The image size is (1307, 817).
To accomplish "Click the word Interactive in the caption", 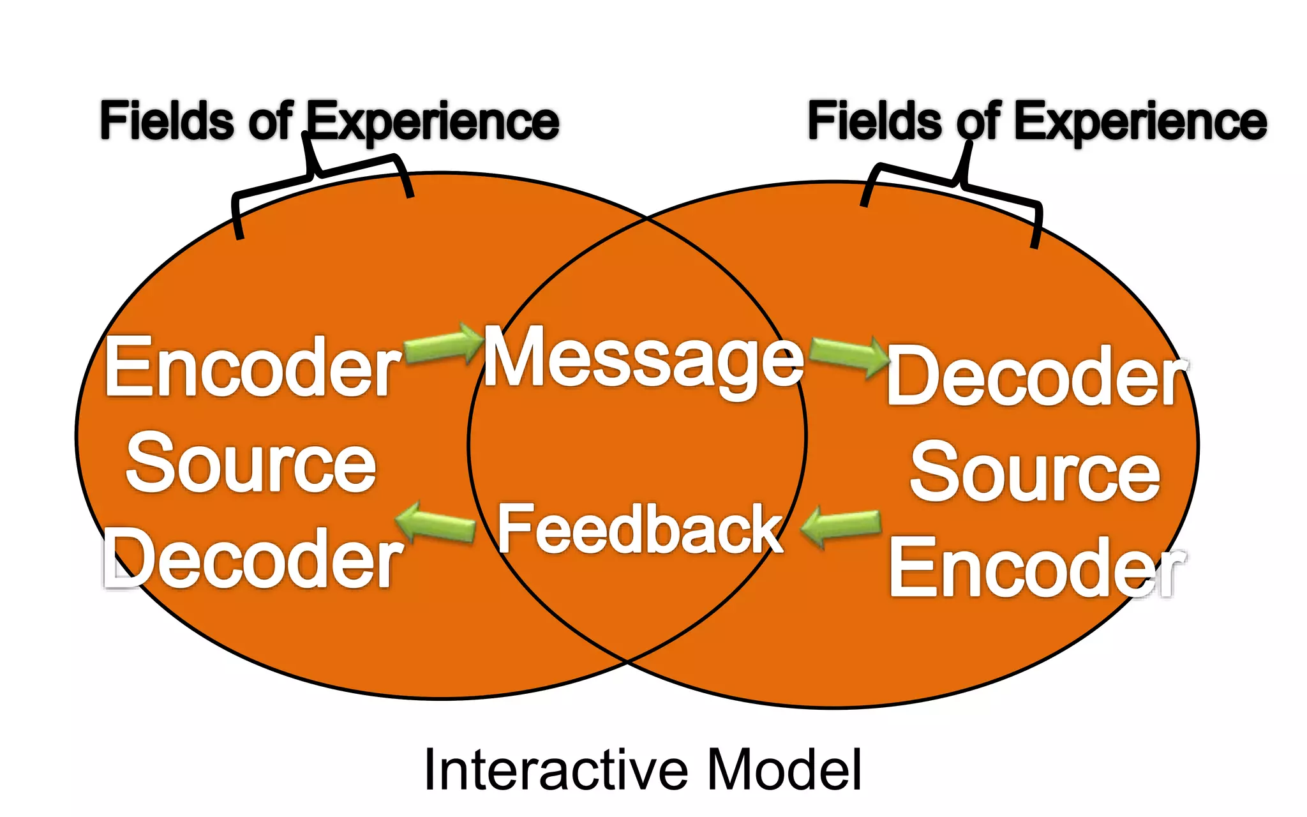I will click(x=555, y=770).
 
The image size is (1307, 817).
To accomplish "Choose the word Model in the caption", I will click(x=785, y=770).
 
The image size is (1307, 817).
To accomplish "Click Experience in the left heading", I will click(x=434, y=123).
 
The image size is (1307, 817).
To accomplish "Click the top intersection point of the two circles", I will click(x=647, y=218).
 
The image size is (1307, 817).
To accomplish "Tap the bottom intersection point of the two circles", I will click(x=628, y=663).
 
